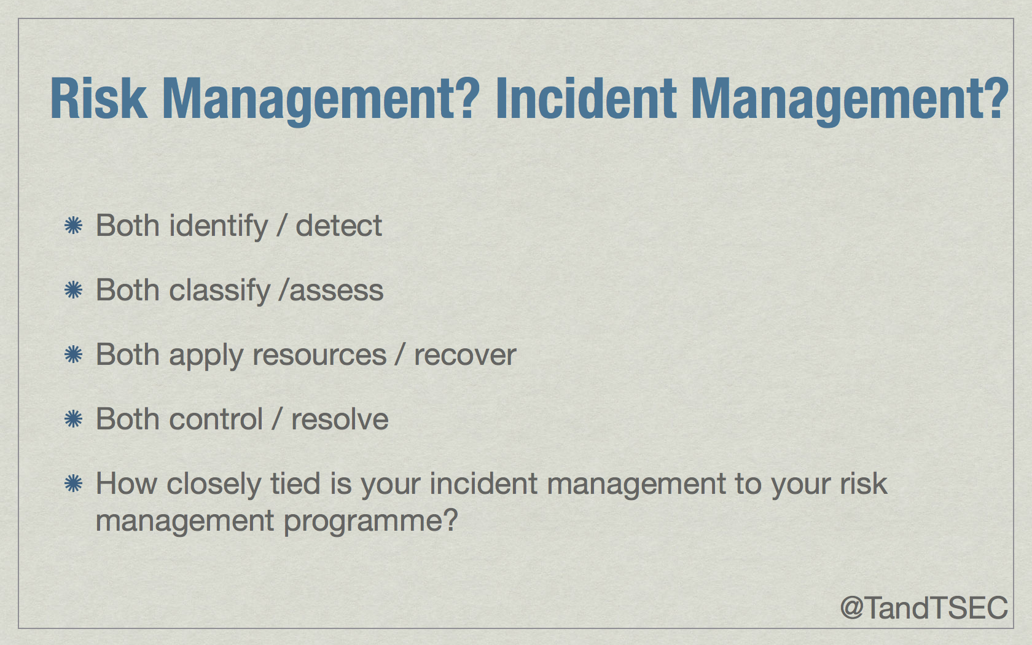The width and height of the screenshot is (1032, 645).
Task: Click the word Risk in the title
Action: [x=98, y=98]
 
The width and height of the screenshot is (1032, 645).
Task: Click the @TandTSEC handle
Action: [x=924, y=608]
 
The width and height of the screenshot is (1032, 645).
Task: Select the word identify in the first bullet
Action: [x=219, y=227]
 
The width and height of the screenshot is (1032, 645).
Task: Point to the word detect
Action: [x=338, y=226]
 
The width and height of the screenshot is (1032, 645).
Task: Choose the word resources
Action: [x=319, y=356]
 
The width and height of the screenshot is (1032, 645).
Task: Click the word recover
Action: [x=465, y=356]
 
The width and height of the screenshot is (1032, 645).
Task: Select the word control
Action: [x=216, y=419]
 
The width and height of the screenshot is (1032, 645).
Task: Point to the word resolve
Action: [x=340, y=419]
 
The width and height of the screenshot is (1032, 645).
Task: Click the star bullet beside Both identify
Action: [x=73, y=226]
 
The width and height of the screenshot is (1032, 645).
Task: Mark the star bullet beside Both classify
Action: [x=73, y=290]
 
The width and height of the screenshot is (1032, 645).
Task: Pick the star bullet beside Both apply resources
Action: [x=73, y=355]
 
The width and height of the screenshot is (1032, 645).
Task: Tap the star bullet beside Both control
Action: [x=73, y=419]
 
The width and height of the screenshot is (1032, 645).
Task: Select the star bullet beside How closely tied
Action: [x=73, y=484]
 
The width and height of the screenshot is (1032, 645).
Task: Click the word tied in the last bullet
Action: [x=295, y=484]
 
